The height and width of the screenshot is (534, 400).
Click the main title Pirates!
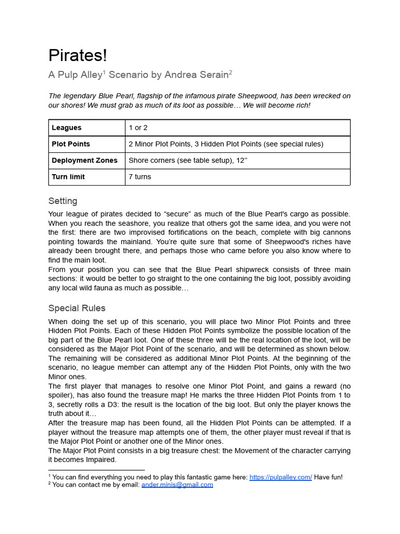coord(78,55)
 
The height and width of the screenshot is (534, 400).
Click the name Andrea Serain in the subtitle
coord(196,75)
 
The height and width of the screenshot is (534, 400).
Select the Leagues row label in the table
coord(67,128)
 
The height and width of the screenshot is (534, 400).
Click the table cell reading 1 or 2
coord(138,128)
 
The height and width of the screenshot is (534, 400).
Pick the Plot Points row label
coord(71,144)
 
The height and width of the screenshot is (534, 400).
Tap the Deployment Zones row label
coord(84,160)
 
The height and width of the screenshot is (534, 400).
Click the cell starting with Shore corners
coord(187,160)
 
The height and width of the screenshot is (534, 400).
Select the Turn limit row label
coord(68,177)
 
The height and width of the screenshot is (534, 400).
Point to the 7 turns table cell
coord(140,177)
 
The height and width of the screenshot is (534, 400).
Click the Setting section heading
coord(63,201)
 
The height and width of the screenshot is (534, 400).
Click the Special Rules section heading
coord(77,308)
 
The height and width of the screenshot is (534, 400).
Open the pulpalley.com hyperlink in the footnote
coord(280,477)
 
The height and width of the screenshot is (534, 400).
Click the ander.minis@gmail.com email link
coord(177,484)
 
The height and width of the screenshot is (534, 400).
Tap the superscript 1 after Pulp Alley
coord(104,72)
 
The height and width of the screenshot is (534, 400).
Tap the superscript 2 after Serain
coord(230,72)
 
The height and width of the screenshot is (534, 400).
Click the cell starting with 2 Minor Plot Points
coord(226,144)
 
